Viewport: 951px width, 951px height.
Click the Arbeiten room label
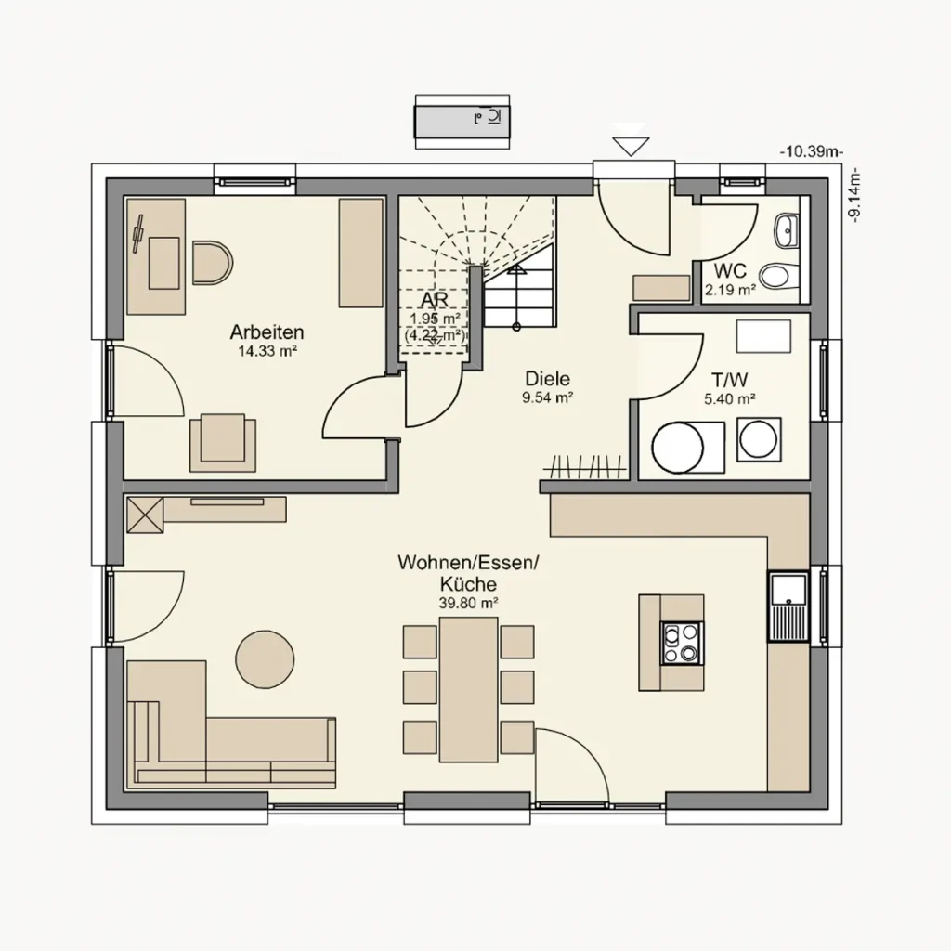267,332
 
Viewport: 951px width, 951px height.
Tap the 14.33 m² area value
267,351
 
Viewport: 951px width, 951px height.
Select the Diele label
546,379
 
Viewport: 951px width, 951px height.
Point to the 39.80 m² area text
468,603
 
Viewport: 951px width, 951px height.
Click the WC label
730,272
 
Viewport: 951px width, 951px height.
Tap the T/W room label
729,381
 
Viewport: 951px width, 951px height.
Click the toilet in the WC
775,276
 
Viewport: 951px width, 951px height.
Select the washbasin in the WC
786,228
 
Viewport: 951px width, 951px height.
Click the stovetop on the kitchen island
681,642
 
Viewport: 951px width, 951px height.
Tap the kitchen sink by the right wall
788,606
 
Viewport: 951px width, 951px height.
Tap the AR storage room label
435,302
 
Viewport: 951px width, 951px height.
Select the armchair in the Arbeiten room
223,441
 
